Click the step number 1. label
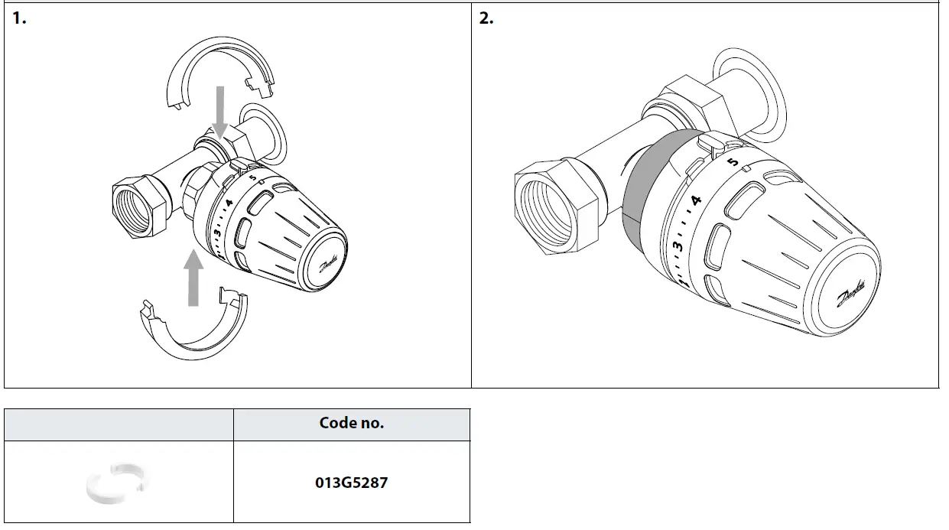(x=19, y=19)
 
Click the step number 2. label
(x=486, y=19)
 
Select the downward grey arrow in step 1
(x=220, y=111)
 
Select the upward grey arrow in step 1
(x=194, y=276)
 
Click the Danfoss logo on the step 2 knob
(x=852, y=298)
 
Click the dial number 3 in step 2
(x=677, y=246)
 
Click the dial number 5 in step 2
(x=733, y=162)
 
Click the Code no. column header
(x=351, y=423)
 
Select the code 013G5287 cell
(x=351, y=483)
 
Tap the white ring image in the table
(x=119, y=483)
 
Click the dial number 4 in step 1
(x=227, y=206)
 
